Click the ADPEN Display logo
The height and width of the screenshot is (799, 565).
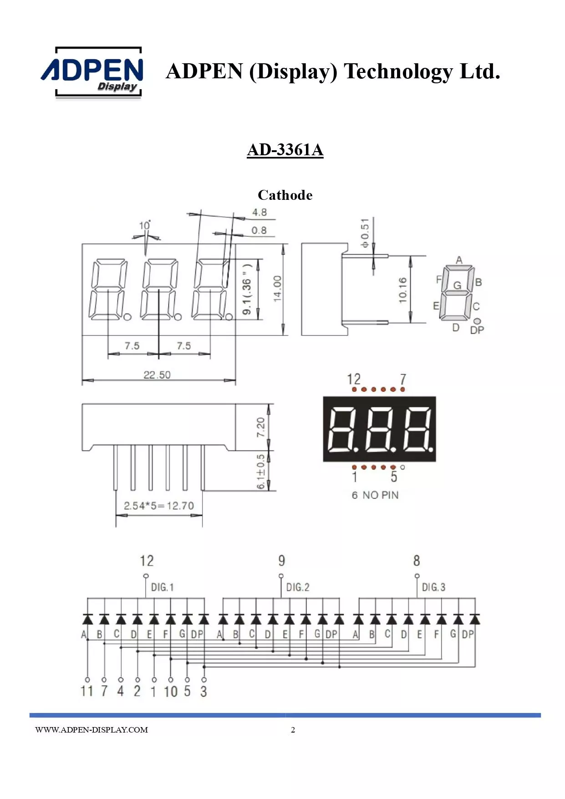click(92, 72)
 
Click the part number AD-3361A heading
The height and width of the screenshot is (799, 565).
click(285, 150)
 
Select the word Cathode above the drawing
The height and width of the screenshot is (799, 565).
click(285, 195)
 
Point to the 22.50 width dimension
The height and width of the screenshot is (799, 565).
click(157, 375)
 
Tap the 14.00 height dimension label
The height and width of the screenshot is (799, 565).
click(277, 289)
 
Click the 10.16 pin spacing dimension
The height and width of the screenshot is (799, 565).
click(402, 290)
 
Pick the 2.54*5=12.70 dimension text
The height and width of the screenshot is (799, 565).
click(159, 506)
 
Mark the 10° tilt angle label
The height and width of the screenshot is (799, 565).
click(145, 225)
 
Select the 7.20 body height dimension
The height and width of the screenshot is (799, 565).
click(260, 427)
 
